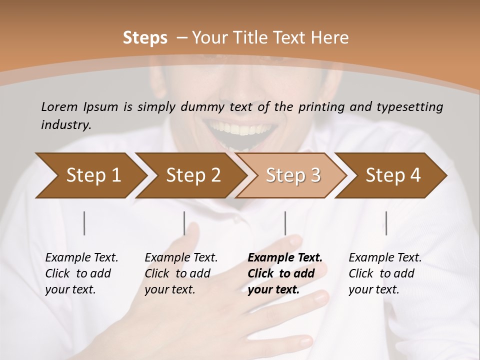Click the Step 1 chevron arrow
pos(90,175)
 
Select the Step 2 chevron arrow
pos(192,175)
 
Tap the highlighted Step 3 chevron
pos(292,175)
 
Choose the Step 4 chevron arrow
pos(392,175)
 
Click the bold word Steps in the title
pos(145,38)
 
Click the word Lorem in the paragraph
pos(59,106)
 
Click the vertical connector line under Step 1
pos(84,223)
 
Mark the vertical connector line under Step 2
pos(184,223)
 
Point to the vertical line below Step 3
pos(285,223)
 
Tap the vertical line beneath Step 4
pos(386,223)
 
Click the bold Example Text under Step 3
pos(285,258)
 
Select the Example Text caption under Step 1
pos(81,258)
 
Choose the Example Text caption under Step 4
pos(385,258)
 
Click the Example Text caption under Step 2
pos(181,258)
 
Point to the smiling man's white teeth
pos(241,128)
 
